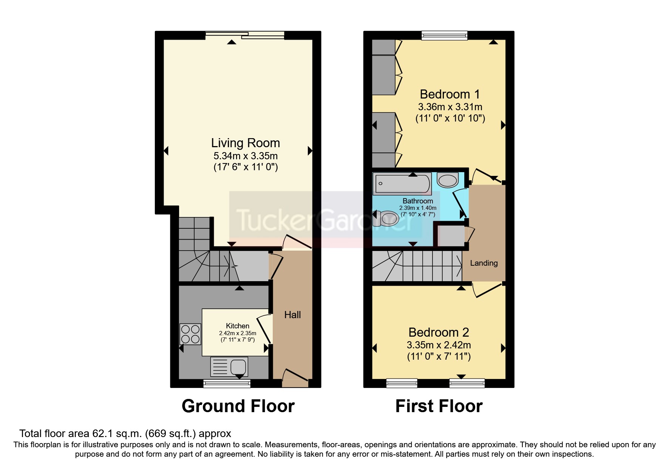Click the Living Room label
click(245, 143)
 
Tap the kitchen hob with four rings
click(190, 334)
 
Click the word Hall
click(292, 315)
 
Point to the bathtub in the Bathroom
click(402, 184)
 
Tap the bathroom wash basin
click(448, 180)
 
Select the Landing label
click(484, 263)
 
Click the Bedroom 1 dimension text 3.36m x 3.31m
click(450, 107)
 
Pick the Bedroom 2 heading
click(439, 332)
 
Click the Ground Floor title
click(238, 406)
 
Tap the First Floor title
click(439, 406)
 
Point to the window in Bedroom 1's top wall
click(444, 35)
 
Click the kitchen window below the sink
click(227, 384)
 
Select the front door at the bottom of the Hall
click(295, 378)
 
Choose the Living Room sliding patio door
click(245, 35)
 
